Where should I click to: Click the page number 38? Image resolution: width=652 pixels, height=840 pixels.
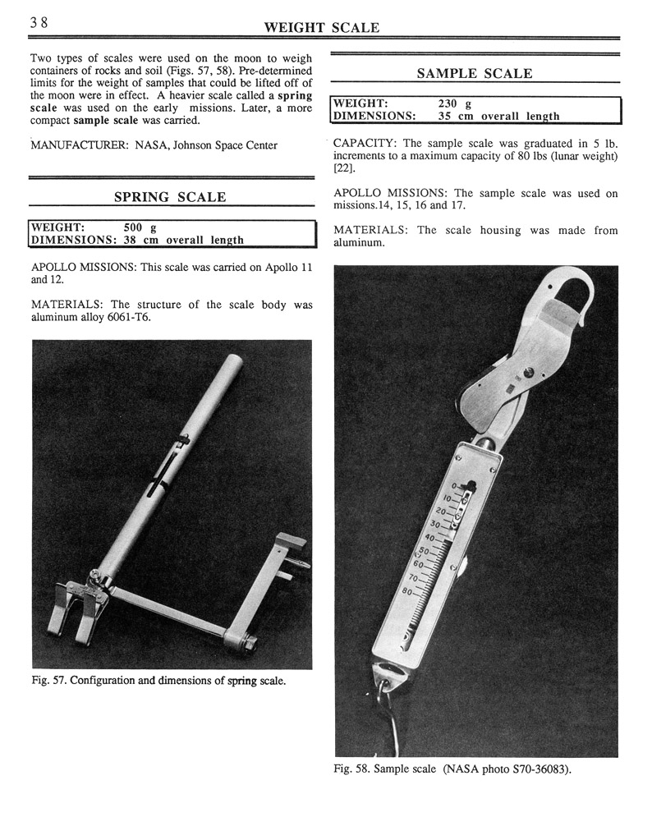coord(39,23)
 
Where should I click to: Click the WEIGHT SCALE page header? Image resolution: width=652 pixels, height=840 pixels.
coord(321,28)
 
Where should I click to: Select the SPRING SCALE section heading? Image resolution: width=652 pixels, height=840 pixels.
coord(170,197)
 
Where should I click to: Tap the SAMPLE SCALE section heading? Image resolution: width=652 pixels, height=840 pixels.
coord(474,74)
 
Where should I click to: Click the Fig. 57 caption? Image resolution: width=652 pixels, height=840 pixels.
coord(158,681)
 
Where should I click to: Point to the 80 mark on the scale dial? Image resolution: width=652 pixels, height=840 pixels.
coord(429,590)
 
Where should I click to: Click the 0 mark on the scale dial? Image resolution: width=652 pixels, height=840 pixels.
coord(454,486)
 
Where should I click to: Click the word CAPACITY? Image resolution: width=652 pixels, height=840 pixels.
coord(365,144)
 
